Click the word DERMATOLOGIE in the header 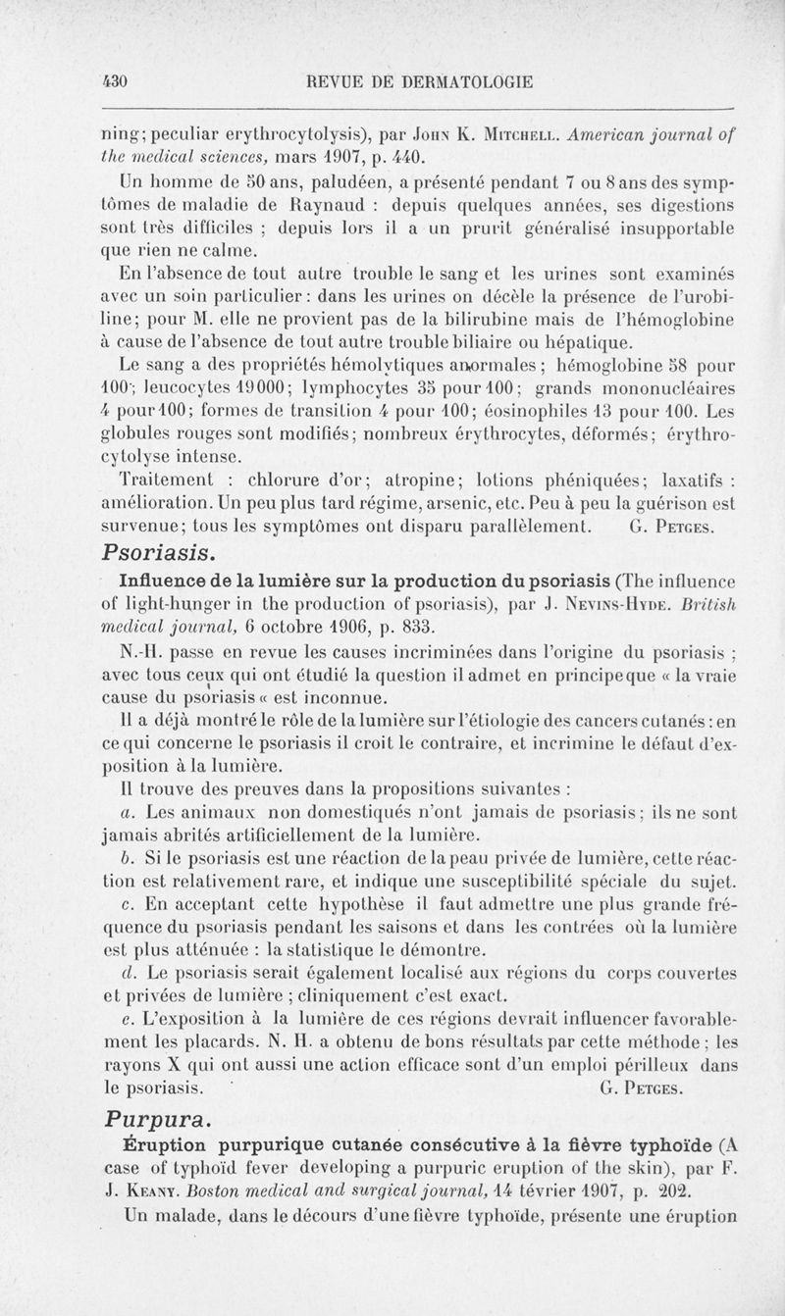click(469, 83)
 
